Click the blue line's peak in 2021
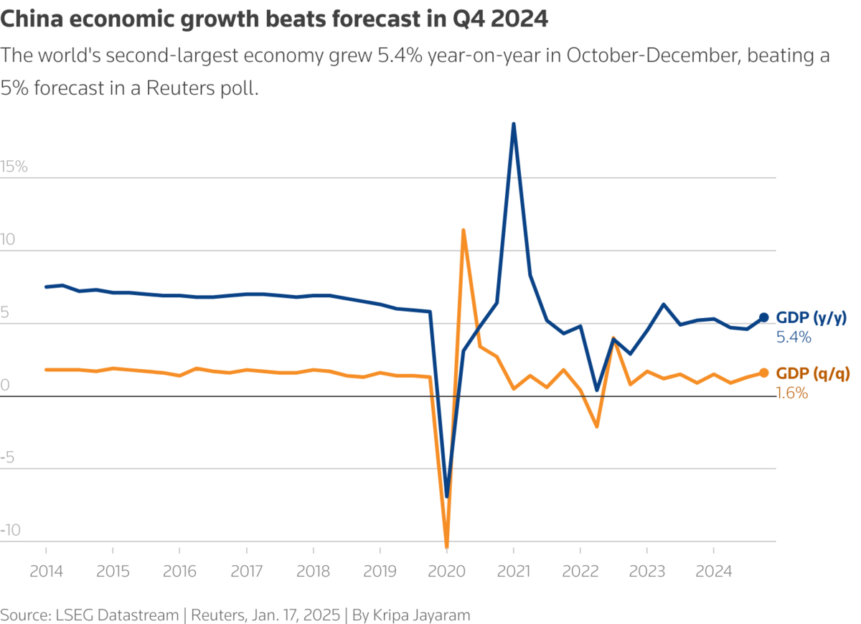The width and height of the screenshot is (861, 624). coord(514,124)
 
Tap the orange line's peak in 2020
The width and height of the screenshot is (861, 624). coord(464,230)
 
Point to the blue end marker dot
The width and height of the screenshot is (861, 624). coord(764,317)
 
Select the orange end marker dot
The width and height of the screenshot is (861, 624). coord(764,373)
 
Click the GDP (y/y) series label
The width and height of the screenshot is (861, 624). coord(811,317)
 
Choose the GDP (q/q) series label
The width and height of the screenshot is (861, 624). coord(811,373)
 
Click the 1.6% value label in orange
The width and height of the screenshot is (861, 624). coord(792,393)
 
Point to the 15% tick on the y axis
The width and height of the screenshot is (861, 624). coord(14,167)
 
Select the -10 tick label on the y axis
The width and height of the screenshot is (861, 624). coord(11,531)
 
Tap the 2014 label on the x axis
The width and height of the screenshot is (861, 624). coord(46,572)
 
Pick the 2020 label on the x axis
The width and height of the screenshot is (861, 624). coord(446,572)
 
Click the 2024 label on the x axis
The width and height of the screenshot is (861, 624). coord(713,572)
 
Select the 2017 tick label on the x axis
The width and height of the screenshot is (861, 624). coord(246,572)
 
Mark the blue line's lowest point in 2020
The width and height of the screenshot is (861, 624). coord(447,496)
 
